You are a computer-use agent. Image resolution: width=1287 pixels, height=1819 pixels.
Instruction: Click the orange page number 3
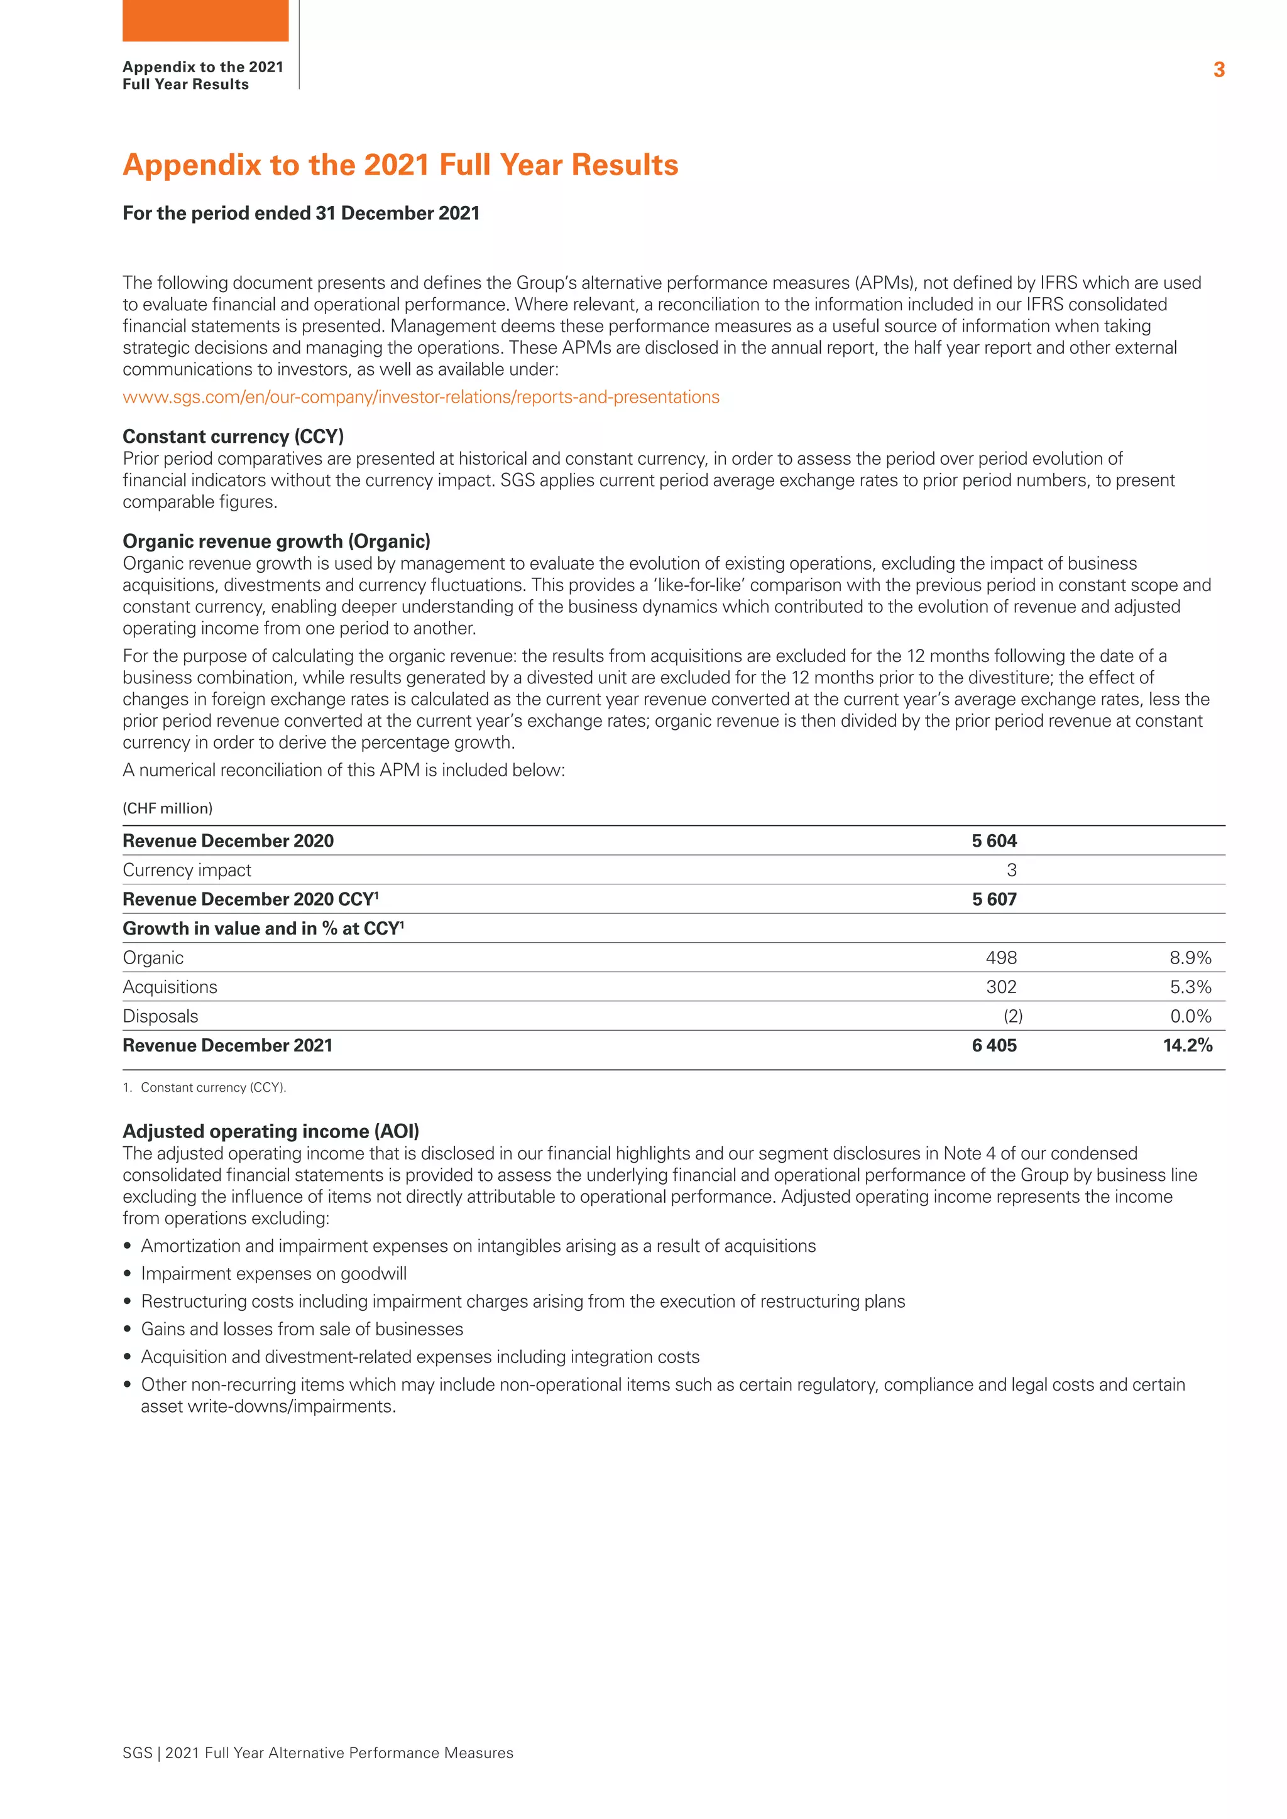tap(1219, 70)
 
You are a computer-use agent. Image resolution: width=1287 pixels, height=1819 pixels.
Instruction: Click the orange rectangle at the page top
tap(205, 21)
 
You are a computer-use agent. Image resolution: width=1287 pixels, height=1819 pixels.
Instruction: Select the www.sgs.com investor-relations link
tap(421, 397)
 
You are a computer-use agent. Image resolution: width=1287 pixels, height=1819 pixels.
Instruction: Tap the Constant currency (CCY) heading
tap(233, 437)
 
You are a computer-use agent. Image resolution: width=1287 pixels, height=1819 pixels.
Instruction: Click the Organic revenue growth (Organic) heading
tap(277, 541)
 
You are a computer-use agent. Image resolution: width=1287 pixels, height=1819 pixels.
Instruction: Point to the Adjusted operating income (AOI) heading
tap(271, 1131)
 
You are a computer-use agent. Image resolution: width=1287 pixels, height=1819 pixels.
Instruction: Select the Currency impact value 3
tap(1011, 870)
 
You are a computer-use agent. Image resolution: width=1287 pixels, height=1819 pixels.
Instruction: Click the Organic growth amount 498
tap(1001, 958)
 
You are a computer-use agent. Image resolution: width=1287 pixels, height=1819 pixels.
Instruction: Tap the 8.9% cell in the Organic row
tap(1190, 958)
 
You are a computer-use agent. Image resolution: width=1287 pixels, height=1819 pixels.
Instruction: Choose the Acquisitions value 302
tap(1001, 987)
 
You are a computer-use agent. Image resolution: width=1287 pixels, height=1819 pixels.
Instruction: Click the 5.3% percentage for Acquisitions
tap(1190, 987)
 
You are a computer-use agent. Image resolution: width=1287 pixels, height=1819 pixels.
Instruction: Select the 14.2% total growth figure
tap(1187, 1046)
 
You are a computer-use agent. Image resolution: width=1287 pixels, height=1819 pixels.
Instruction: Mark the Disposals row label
tap(160, 1016)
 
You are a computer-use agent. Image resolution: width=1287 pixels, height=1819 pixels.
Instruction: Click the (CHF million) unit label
tap(167, 808)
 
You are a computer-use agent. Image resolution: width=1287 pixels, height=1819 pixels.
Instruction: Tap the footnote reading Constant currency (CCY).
tap(212, 1088)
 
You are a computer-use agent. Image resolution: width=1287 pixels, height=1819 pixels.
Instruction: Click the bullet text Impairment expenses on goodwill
tap(273, 1273)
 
